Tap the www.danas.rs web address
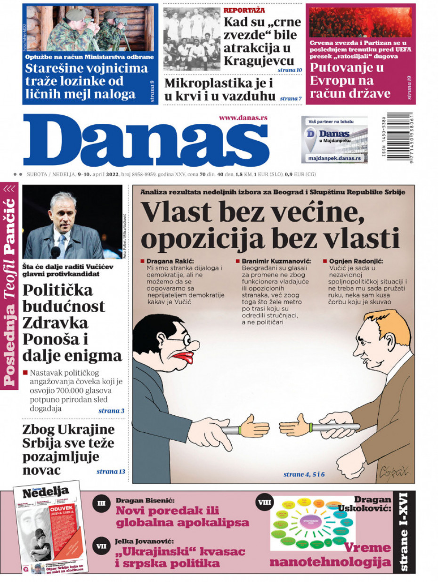tap(243, 118)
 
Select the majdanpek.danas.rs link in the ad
tap(334, 159)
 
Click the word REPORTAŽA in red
tap(244, 10)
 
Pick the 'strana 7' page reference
tap(291, 98)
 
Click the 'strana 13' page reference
tap(111, 471)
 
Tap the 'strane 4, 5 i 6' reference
tap(304, 474)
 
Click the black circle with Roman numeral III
tap(101, 503)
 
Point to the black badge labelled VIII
tap(264, 502)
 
